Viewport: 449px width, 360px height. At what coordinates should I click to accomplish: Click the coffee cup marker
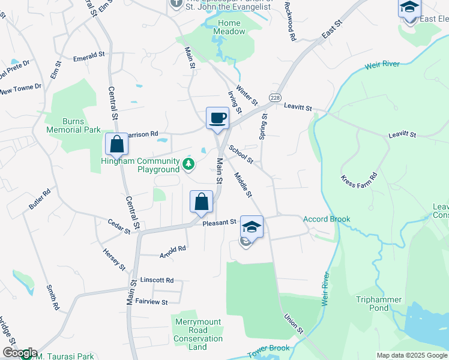pyautogui.click(x=217, y=117)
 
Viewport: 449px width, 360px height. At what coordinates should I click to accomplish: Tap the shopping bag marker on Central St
pyautogui.click(x=116, y=144)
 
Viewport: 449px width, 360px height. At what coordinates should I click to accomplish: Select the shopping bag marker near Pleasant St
pyautogui.click(x=202, y=201)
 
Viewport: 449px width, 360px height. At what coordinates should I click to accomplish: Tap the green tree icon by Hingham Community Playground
pyautogui.click(x=189, y=163)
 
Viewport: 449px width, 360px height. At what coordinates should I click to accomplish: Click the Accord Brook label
pyautogui.click(x=327, y=219)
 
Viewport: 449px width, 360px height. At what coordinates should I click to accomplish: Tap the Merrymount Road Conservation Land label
pyautogui.click(x=198, y=334)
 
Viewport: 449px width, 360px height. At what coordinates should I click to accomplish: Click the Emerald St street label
pyautogui.click(x=89, y=56)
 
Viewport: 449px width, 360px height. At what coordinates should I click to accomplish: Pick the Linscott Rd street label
pyautogui.click(x=157, y=280)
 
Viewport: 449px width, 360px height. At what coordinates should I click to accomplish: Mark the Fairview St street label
pyautogui.click(x=151, y=302)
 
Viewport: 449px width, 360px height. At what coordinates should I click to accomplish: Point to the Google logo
pyautogui.click(x=19, y=353)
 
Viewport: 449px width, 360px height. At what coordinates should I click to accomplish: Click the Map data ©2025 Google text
pyautogui.click(x=411, y=355)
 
